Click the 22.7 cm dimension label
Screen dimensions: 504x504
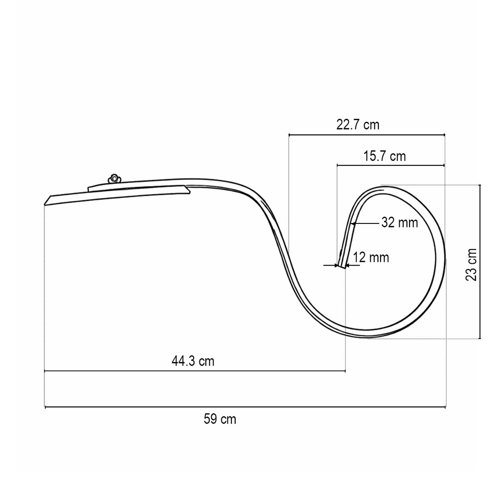pyautogui.click(x=358, y=125)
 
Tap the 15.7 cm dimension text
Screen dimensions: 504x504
pyautogui.click(x=384, y=156)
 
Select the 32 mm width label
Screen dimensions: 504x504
pyautogui.click(x=400, y=222)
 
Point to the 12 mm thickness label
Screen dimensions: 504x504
pyautogui.click(x=371, y=257)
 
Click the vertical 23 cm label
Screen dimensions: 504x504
pyautogui.click(x=471, y=264)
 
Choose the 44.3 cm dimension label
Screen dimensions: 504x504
pyautogui.click(x=193, y=361)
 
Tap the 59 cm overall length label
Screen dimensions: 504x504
pyautogui.click(x=220, y=419)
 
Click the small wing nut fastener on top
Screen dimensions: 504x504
pyautogui.click(x=114, y=178)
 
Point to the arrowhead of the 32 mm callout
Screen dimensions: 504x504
pyautogui.click(x=353, y=223)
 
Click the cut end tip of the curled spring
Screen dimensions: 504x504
pyautogui.click(x=341, y=266)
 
